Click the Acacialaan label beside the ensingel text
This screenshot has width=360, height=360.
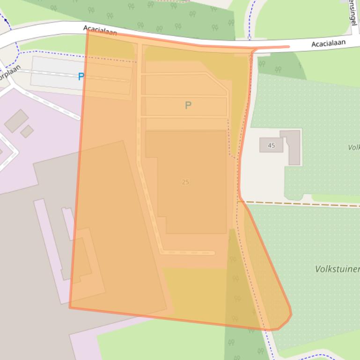click(x=328, y=43)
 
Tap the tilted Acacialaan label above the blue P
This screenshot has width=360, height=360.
click(x=100, y=31)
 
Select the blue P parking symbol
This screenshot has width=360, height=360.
click(x=81, y=77)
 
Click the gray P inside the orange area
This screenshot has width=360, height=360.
click(x=188, y=106)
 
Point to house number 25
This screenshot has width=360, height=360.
click(x=185, y=182)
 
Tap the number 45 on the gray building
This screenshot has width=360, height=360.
click(x=272, y=145)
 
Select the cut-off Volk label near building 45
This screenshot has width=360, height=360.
click(x=353, y=147)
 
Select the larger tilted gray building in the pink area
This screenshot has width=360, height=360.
click(x=16, y=121)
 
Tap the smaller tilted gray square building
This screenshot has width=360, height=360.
click(x=27, y=131)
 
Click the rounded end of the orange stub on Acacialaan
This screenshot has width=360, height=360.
click(x=287, y=47)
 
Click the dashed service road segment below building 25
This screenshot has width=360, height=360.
click(x=187, y=253)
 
